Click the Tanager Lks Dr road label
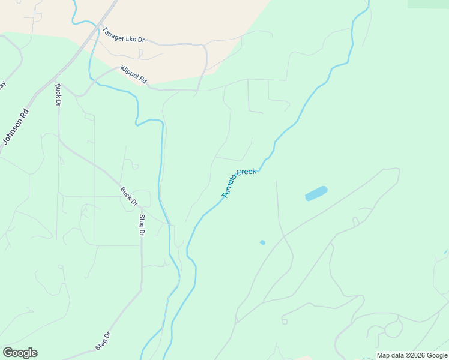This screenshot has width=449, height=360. pos(124,35)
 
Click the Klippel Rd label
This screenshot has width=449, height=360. pos(133,74)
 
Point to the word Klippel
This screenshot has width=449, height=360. pos(130,73)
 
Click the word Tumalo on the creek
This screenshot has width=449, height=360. pos(229,186)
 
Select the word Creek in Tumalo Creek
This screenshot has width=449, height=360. pos(247,172)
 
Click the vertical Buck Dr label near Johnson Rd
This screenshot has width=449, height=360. pos(58,95)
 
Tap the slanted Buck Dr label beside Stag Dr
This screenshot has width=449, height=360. pos(128,196)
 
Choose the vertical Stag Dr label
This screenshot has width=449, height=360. pos(142,224)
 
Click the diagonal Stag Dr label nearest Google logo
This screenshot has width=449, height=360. pos(103,341)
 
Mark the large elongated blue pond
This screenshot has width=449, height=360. pos(316,193)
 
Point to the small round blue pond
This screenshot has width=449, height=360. pos(262,242)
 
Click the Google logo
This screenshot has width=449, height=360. pos(20,353)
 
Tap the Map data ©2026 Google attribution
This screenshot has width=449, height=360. pos(411,355)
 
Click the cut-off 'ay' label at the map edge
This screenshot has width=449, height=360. pos(2,85)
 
